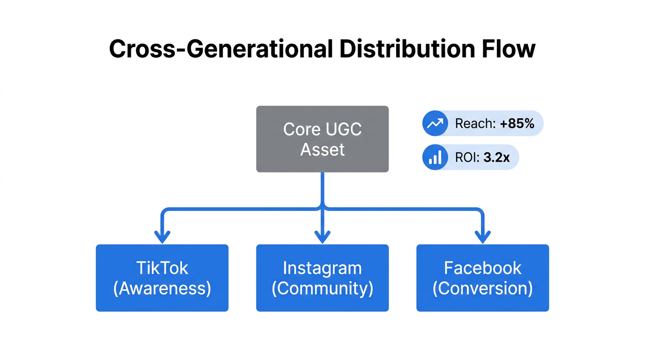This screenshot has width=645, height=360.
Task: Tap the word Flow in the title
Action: [x=507, y=49]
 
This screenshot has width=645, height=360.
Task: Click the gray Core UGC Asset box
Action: [x=322, y=139]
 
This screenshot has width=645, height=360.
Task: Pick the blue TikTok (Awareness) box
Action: [x=162, y=277]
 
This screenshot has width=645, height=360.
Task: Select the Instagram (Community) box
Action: [x=322, y=277]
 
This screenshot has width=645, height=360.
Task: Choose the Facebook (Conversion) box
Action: [x=482, y=277]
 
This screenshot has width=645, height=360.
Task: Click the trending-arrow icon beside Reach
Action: [x=435, y=123]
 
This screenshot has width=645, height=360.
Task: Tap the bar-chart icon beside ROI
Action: [x=435, y=157]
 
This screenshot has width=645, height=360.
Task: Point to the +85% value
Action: [x=517, y=124]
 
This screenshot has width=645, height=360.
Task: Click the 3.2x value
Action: [x=496, y=158]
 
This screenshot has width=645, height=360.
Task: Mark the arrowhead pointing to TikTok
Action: [x=162, y=237]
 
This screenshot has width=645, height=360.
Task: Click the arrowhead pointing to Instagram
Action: [x=322, y=237]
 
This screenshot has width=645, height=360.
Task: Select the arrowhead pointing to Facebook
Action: [x=482, y=237]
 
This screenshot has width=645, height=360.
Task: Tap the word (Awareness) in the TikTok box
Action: [x=162, y=288]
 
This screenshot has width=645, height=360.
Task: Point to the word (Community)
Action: [x=322, y=288]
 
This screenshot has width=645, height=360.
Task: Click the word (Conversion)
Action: [x=482, y=288]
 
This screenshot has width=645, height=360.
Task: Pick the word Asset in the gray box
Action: [x=322, y=150]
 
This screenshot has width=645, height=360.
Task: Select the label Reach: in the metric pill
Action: [x=475, y=124]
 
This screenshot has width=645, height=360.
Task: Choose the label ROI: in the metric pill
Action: [x=467, y=158]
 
